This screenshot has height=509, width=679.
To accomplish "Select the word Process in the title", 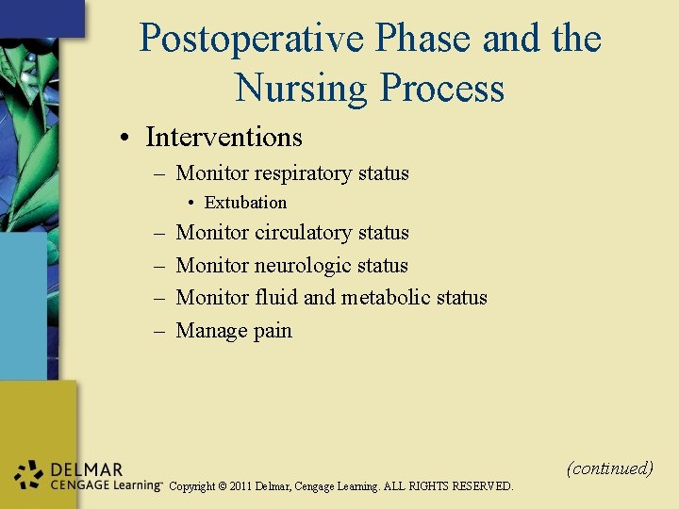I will click(x=442, y=89).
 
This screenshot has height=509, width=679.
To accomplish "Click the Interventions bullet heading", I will click(x=224, y=138).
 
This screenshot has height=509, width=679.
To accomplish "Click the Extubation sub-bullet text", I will click(x=245, y=203).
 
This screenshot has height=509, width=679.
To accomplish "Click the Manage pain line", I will click(x=234, y=331).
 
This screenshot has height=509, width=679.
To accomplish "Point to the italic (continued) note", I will click(x=609, y=468).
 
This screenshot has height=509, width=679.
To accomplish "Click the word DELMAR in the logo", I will click(x=87, y=469).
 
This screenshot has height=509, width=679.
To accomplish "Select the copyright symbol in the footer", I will click(x=224, y=486).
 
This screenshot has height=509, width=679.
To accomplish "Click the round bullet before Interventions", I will click(x=124, y=139).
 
